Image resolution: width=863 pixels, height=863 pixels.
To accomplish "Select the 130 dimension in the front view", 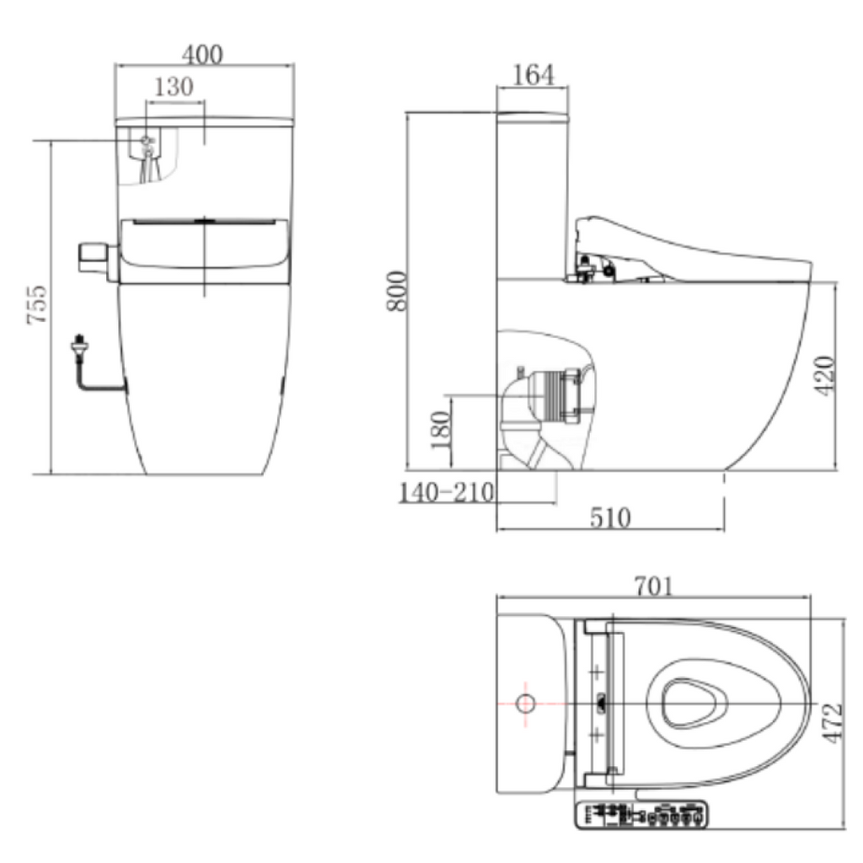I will [174, 86].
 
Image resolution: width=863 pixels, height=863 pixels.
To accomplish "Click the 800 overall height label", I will [397, 291].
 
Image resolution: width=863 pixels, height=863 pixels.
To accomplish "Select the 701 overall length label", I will [653, 586].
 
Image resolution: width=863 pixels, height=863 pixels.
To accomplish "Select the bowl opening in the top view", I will [694, 702].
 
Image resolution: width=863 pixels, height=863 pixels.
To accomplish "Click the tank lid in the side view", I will [533, 113].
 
